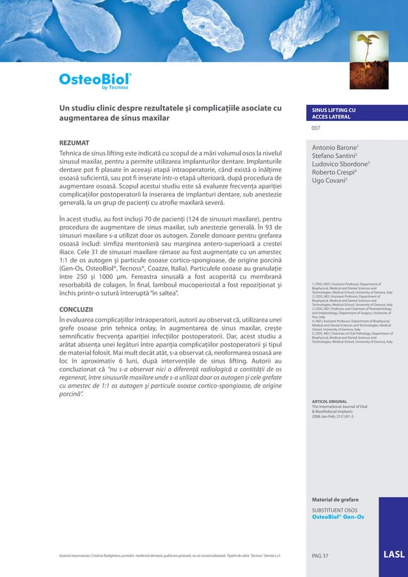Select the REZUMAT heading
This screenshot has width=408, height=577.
click(74, 141)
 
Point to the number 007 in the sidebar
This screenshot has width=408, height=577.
click(315, 128)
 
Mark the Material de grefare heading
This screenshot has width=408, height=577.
click(334, 498)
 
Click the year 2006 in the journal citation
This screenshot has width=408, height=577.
click(318, 416)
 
